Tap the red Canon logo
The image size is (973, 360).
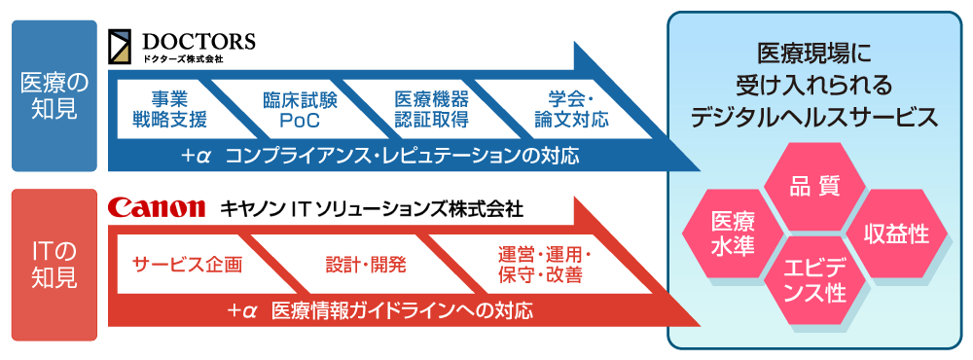point(157,207)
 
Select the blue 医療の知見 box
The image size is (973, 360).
point(54,96)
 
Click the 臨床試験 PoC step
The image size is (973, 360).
point(293,110)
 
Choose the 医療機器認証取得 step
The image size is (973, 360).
point(431,110)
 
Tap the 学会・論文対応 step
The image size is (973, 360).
point(570,110)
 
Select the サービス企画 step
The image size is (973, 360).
point(187,265)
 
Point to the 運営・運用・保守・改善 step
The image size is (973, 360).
point(544,265)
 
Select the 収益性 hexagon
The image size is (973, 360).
point(896,234)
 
